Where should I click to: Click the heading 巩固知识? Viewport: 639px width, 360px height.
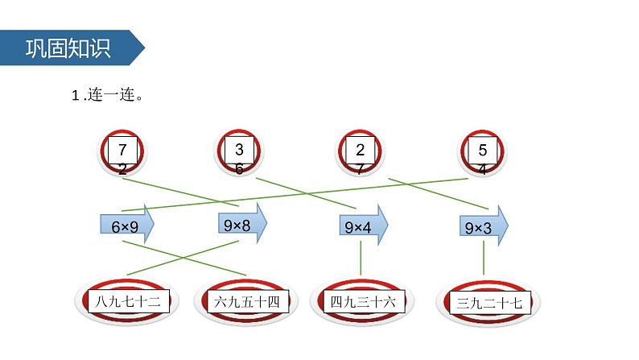(x=68, y=48)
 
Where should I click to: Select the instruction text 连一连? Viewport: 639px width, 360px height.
(x=111, y=95)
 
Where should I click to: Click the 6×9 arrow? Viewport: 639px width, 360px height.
(x=126, y=224)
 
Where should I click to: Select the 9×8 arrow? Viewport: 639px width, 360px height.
(x=242, y=223)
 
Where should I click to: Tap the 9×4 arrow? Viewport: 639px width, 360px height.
(x=364, y=225)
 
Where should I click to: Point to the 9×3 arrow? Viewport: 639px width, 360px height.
(x=484, y=226)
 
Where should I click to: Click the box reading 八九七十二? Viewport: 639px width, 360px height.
(x=129, y=302)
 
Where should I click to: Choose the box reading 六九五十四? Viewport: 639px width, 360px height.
(x=248, y=302)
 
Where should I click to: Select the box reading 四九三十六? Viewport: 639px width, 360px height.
(x=364, y=302)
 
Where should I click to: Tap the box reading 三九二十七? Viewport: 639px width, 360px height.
(x=490, y=303)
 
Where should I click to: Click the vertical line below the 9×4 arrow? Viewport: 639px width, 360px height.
(x=361, y=258)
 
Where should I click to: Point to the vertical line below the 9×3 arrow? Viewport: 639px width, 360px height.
(x=484, y=258)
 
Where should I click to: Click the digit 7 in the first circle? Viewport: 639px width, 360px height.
(x=122, y=150)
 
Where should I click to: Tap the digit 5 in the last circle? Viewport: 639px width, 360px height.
(x=483, y=150)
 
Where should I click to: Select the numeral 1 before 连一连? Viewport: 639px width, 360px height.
(x=76, y=96)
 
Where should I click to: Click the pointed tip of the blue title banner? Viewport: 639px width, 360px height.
(x=145, y=48)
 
